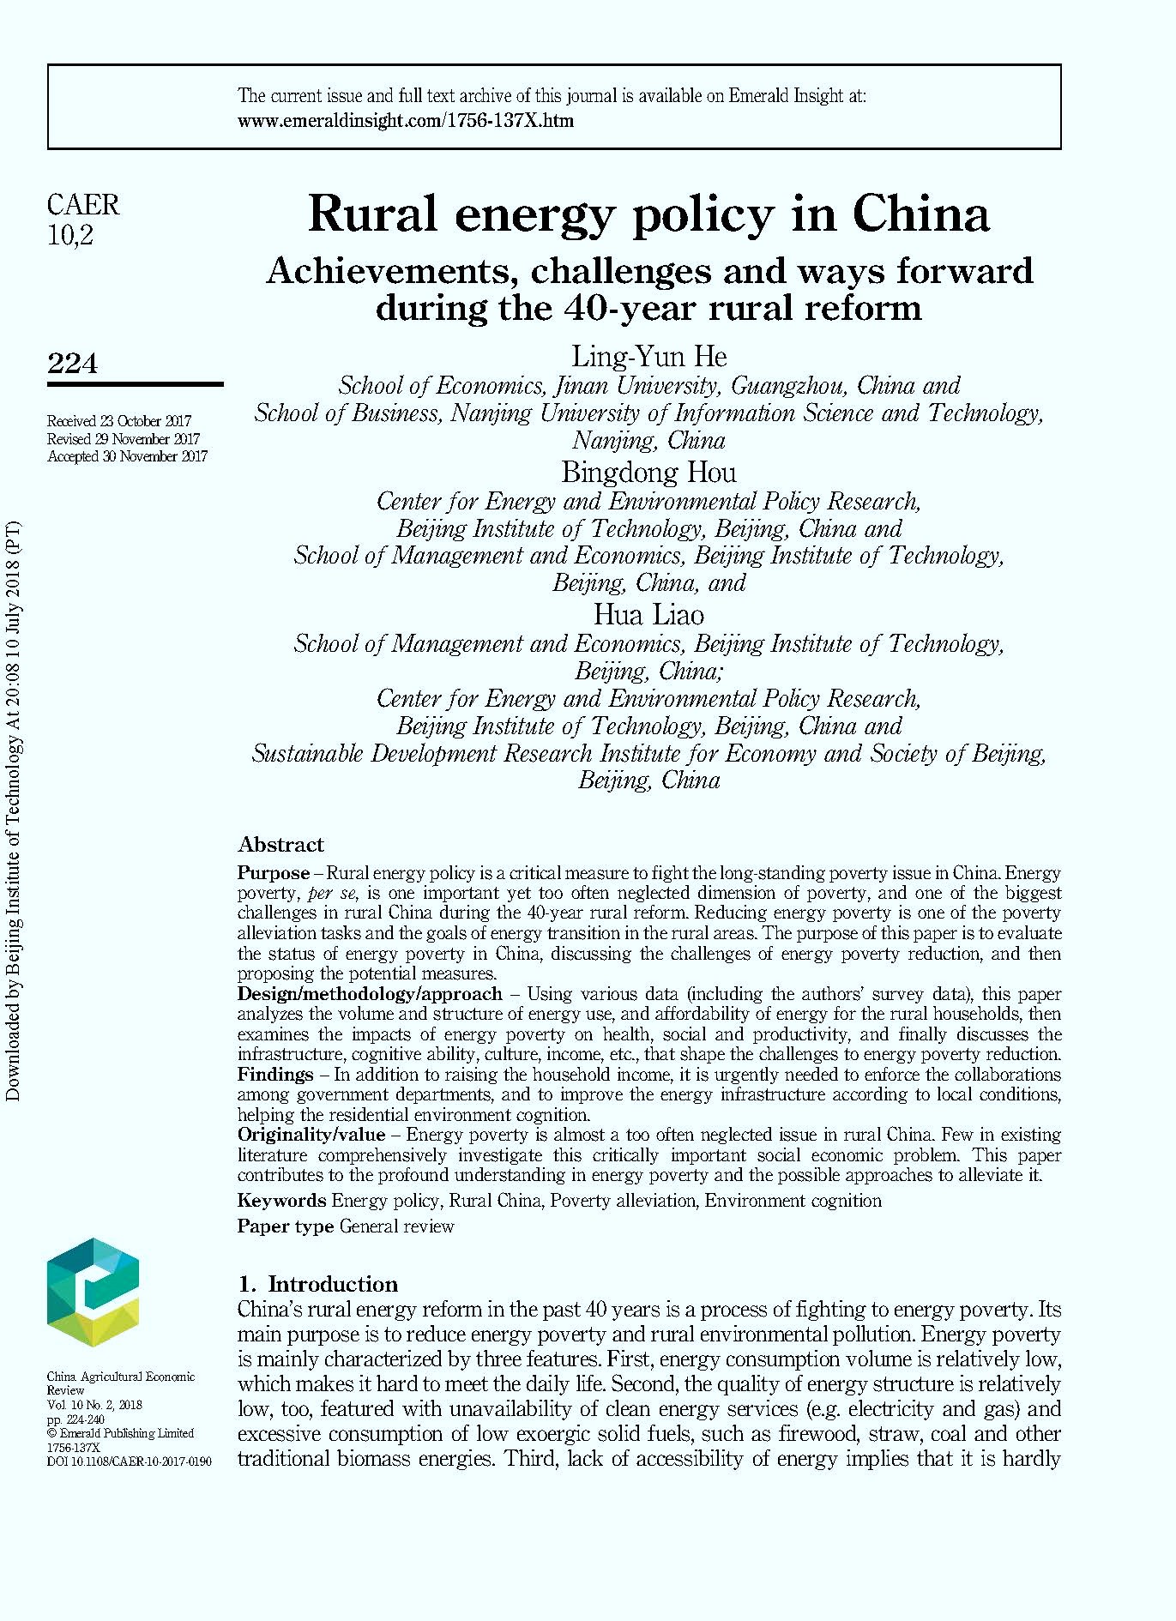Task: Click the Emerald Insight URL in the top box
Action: [x=405, y=121]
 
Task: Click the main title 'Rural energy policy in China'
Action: [x=648, y=214]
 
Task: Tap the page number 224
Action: [x=73, y=364]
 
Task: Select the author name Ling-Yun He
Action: [x=648, y=356]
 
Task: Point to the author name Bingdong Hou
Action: [x=648, y=472]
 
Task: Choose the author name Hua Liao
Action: [x=648, y=614]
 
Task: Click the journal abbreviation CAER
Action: [x=83, y=205]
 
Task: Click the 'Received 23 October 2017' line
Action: [x=119, y=421]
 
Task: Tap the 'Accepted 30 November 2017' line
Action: [x=127, y=456]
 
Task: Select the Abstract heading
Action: [x=280, y=845]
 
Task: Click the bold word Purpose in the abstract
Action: [x=273, y=873]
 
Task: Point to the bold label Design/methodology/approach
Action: [x=370, y=994]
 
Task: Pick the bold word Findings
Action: [x=274, y=1075]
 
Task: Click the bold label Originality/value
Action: [x=311, y=1135]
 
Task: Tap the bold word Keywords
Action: [x=281, y=1201]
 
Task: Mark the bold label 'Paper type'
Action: [x=285, y=1226]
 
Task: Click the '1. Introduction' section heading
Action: [x=318, y=1284]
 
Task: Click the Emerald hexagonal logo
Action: [x=93, y=1291]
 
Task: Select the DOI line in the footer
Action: [x=129, y=1461]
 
